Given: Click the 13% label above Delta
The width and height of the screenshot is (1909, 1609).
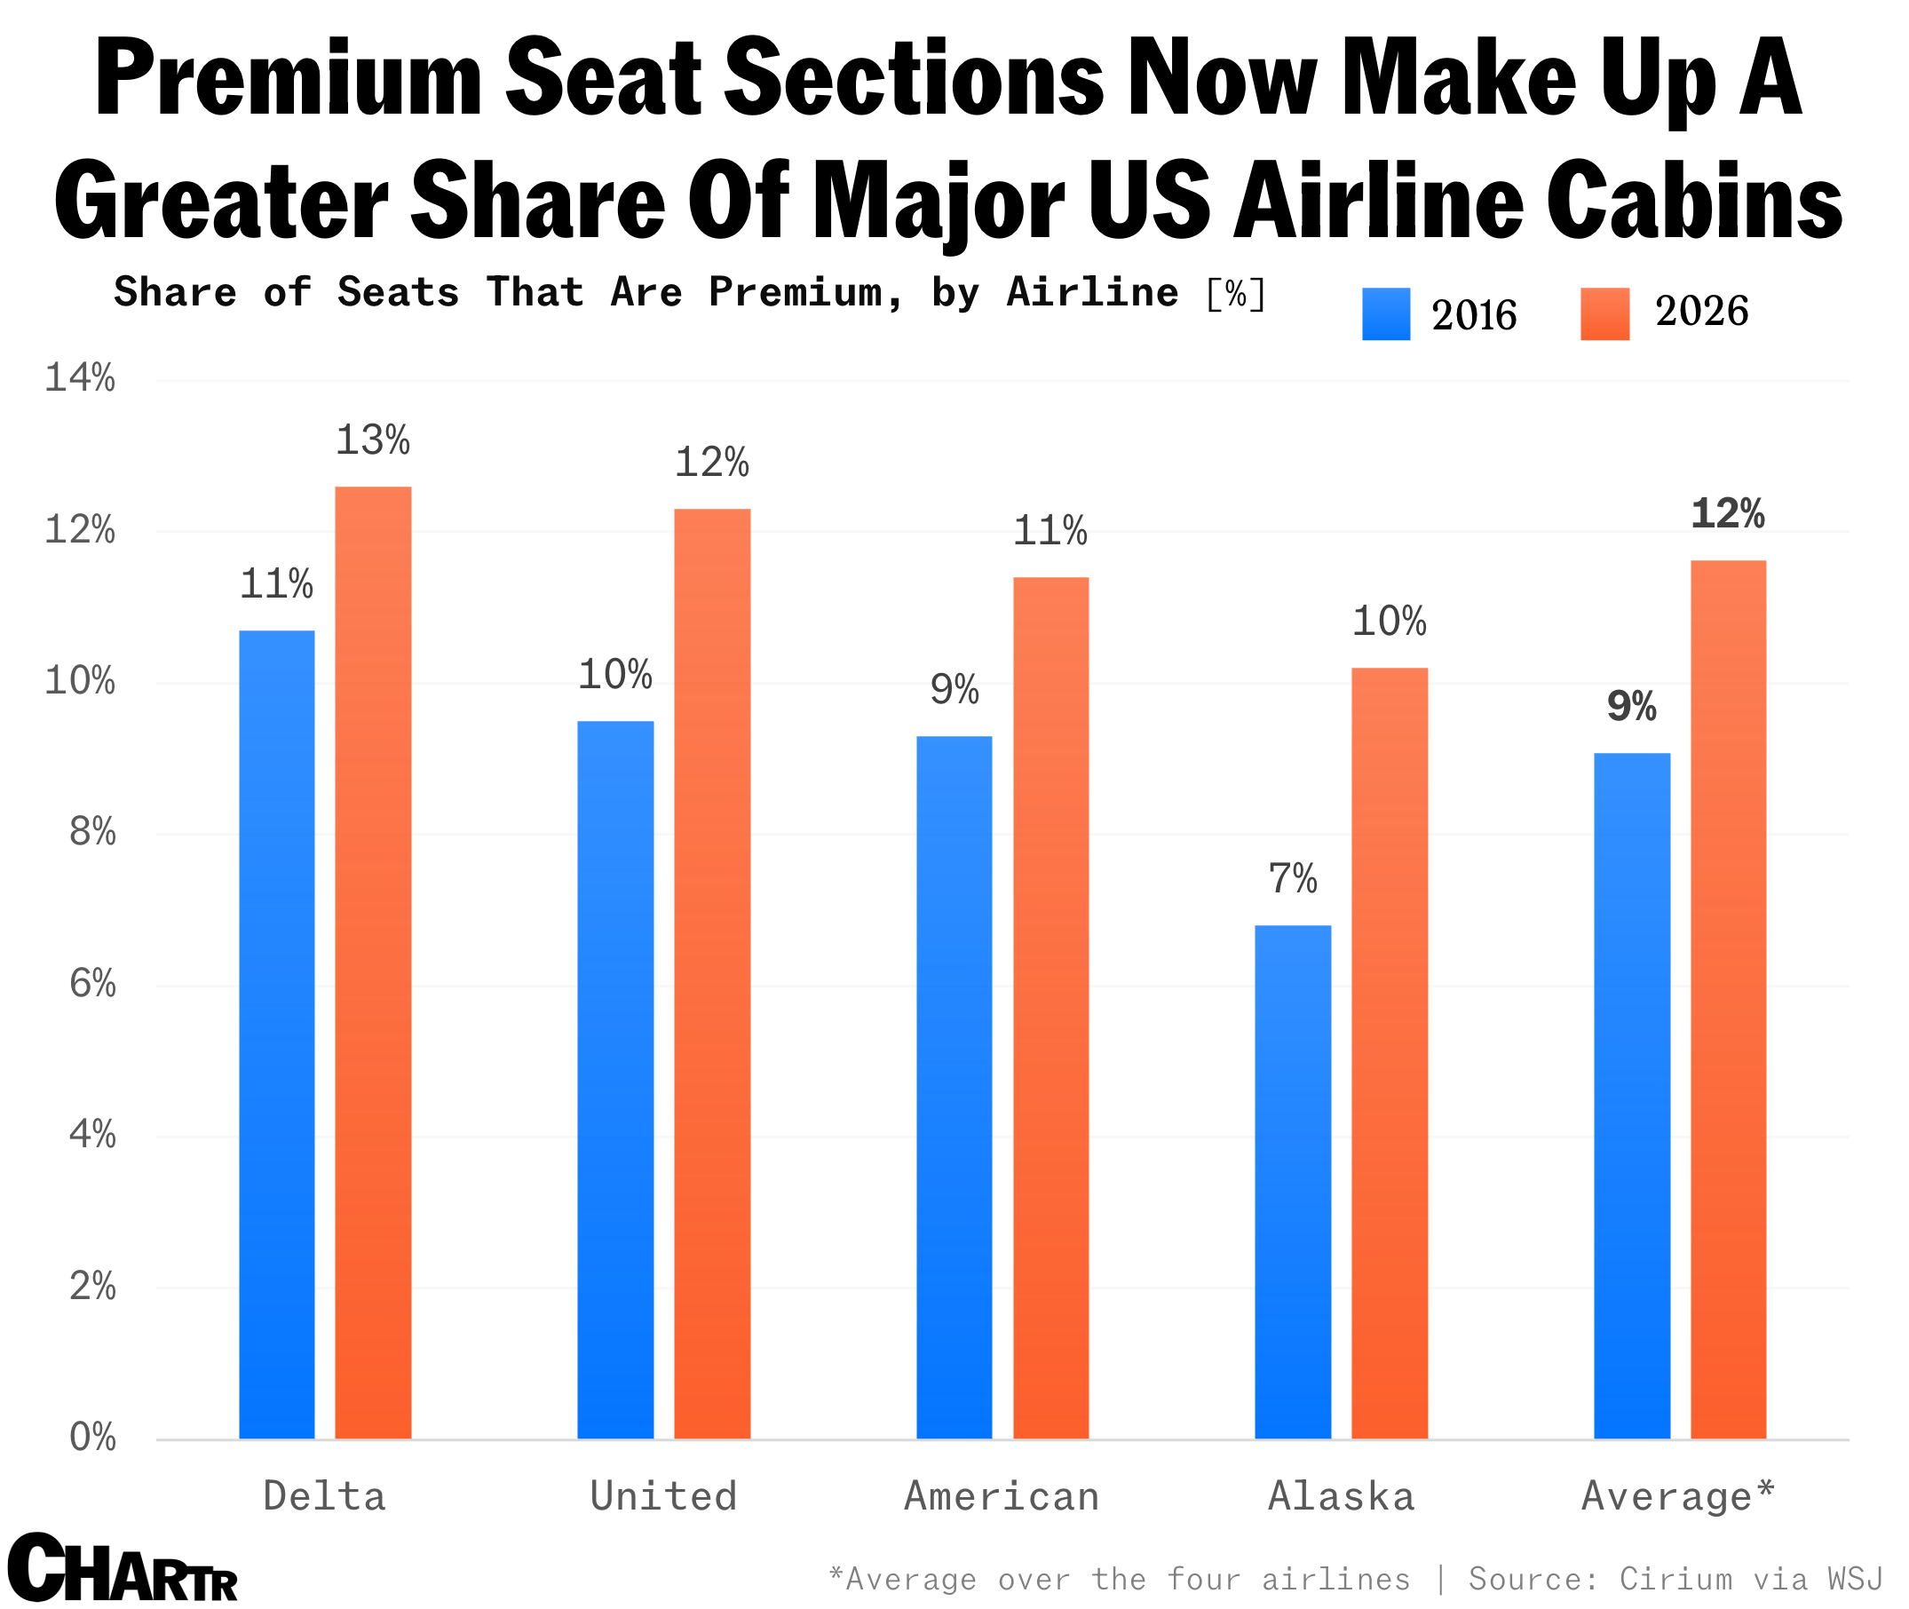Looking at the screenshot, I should (372, 440).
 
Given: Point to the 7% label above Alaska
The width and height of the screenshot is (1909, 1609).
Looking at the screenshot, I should (1292, 879).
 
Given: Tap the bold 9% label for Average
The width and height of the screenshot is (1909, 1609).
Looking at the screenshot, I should (1631, 707).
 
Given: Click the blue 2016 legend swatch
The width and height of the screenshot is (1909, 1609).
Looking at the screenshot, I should (1384, 313).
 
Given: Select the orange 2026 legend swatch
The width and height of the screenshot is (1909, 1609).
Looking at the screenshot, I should (1604, 313).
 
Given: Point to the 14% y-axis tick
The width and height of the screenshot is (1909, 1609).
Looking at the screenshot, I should (80, 377).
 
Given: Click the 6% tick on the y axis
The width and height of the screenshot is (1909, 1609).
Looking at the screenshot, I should (92, 983).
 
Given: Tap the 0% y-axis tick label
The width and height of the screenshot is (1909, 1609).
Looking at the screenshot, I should (92, 1438).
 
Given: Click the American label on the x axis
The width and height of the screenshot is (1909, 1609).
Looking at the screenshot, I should (1002, 1497).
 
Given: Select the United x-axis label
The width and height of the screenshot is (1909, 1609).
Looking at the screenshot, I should (663, 1497).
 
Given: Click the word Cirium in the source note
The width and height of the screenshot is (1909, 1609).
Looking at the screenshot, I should (1675, 1578).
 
